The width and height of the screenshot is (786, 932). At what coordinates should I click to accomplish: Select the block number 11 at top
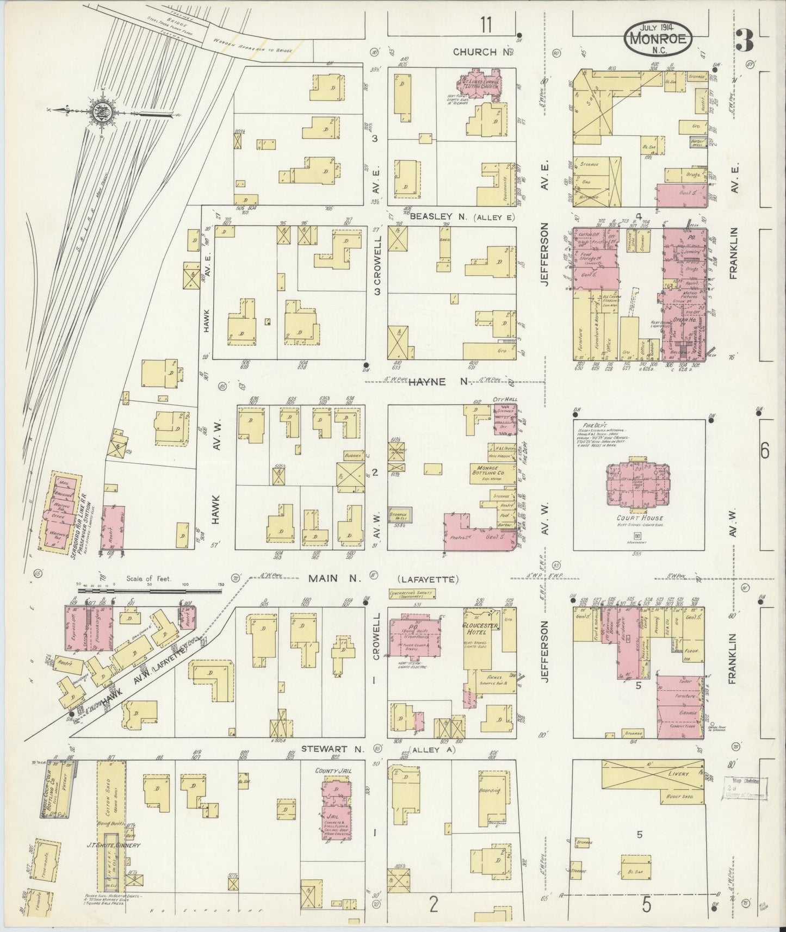pyautogui.click(x=486, y=24)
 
